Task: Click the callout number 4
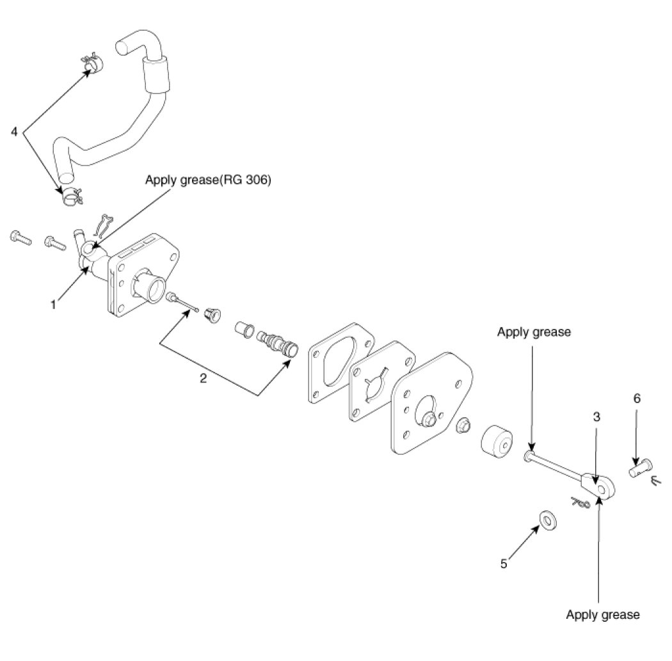(14, 132)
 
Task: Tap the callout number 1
(54, 305)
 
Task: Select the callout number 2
(203, 378)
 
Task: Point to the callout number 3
(596, 417)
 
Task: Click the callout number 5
(504, 564)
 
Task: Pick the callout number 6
(637, 398)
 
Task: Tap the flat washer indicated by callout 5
(547, 520)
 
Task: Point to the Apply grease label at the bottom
(602, 615)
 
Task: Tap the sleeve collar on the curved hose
(155, 72)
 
